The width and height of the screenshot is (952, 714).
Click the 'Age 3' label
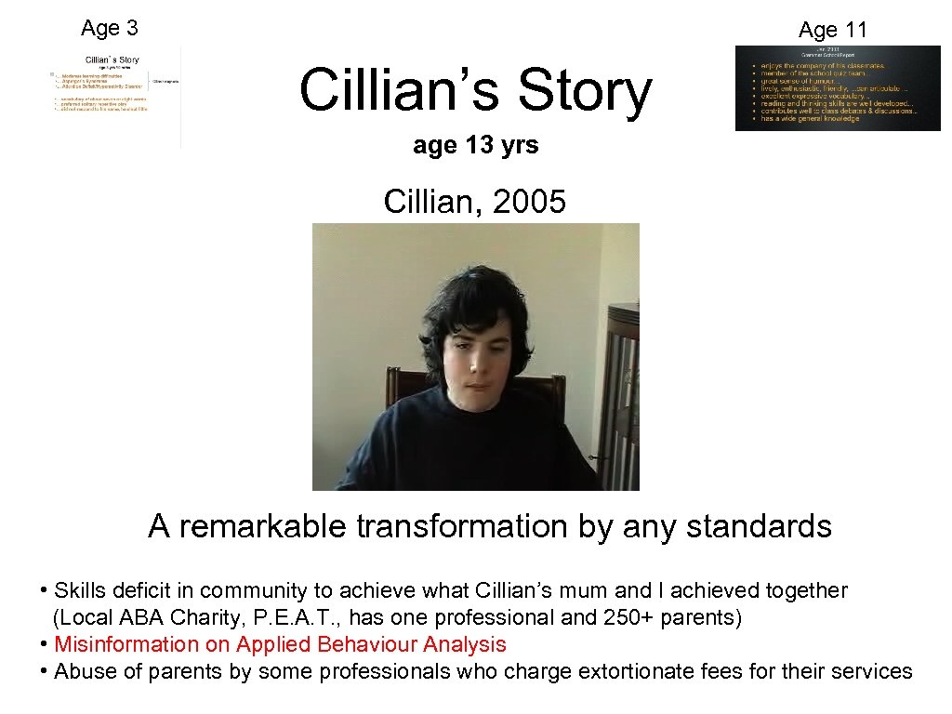click(109, 28)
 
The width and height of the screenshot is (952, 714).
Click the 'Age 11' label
click(832, 30)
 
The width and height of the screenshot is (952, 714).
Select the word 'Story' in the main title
click(585, 92)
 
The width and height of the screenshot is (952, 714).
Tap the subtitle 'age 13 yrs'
click(475, 145)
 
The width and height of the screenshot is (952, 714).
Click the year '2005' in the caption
click(529, 201)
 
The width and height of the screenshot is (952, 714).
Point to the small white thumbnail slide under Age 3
click(116, 96)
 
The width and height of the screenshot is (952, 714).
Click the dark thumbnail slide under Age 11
click(837, 88)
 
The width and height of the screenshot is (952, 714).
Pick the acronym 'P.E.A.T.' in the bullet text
click(290, 617)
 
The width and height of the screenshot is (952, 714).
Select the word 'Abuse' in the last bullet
click(81, 671)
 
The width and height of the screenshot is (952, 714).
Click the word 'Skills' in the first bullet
click(79, 590)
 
